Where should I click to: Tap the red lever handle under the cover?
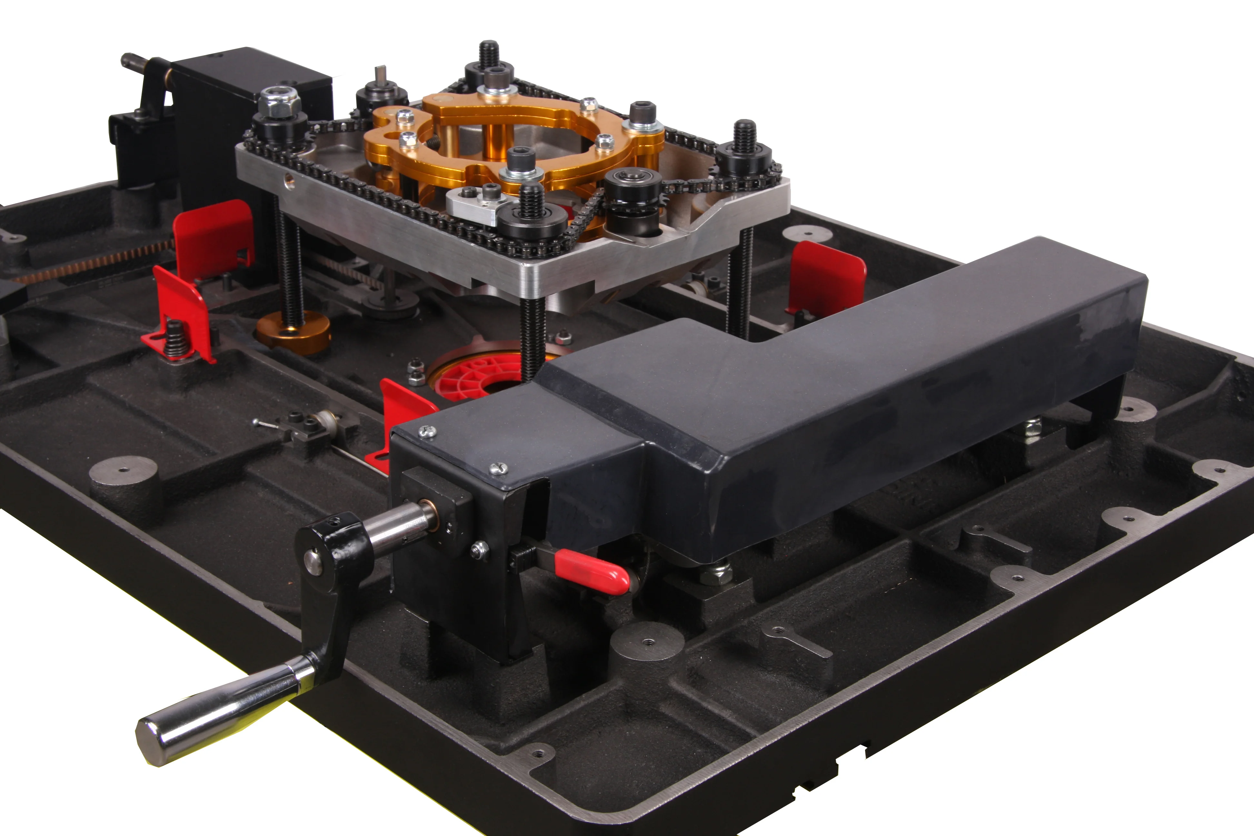pyautogui.click(x=592, y=572)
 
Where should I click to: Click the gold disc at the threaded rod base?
pyautogui.click(x=293, y=333)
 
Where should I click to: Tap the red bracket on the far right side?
pyautogui.click(x=826, y=277)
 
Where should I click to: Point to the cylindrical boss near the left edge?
pyautogui.click(x=124, y=483)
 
